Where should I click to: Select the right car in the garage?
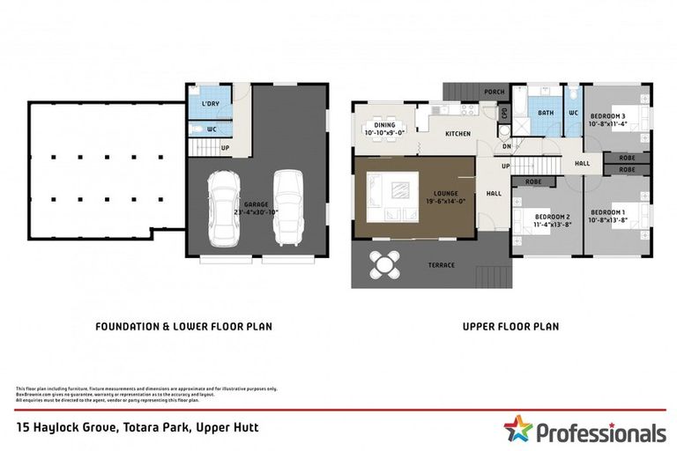click(x=287, y=207)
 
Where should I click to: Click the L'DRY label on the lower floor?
click(x=210, y=104)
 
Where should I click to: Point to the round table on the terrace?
click(x=384, y=262)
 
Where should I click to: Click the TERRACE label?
click(x=442, y=265)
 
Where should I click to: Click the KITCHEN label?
click(x=458, y=133)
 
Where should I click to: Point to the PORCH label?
click(x=495, y=92)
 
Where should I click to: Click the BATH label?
click(x=546, y=113)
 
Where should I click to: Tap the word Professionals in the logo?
click(x=600, y=433)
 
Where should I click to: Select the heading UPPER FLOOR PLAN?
click(x=510, y=326)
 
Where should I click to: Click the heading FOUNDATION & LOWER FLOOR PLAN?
click(x=183, y=326)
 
